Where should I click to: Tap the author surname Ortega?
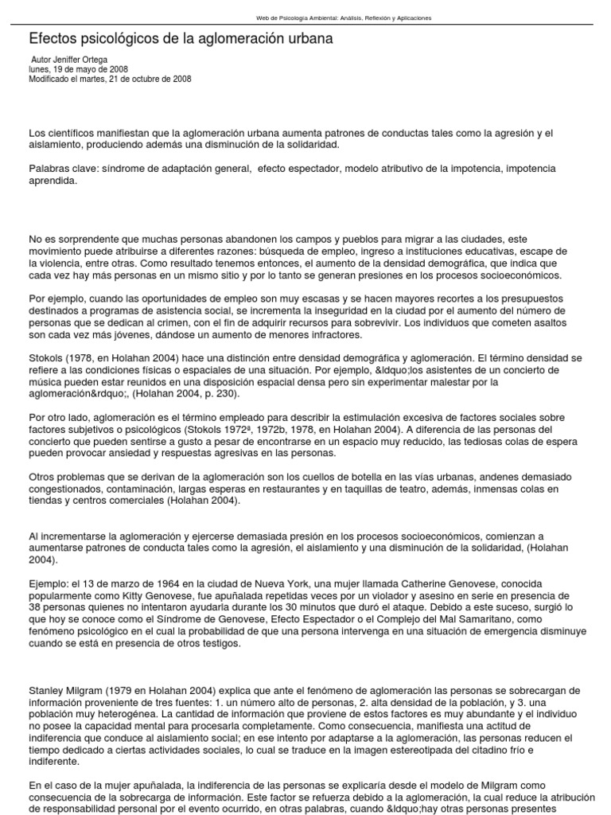(x=92, y=60)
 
